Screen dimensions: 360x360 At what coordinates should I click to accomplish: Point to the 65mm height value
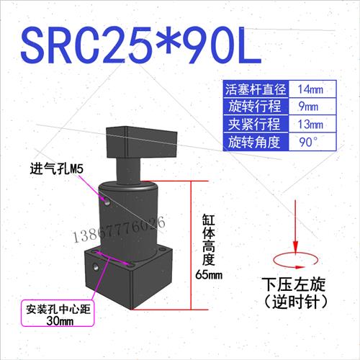[210, 274]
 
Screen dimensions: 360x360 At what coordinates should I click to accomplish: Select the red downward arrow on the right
[294, 230]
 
